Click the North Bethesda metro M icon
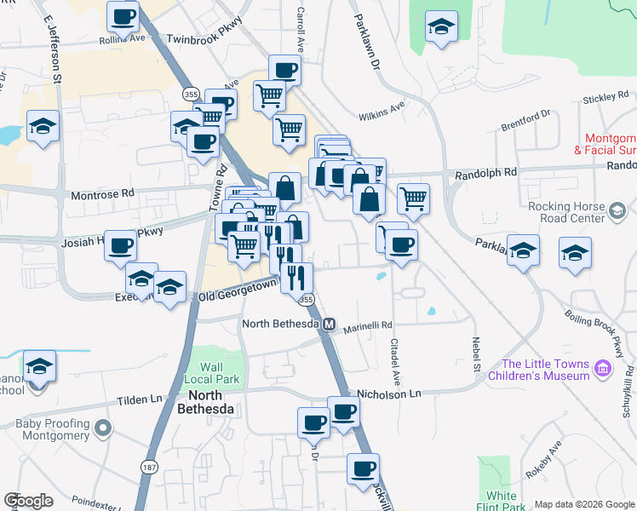(x=329, y=324)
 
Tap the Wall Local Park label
(x=215, y=371)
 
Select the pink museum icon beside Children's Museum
(x=603, y=368)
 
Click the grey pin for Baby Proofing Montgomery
(x=103, y=428)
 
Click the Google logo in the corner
(x=29, y=501)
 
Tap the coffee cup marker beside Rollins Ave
(x=123, y=16)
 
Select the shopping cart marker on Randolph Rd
(x=413, y=198)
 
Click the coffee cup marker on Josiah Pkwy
(x=120, y=245)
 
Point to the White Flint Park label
(x=502, y=501)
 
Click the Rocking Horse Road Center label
(x=566, y=211)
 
